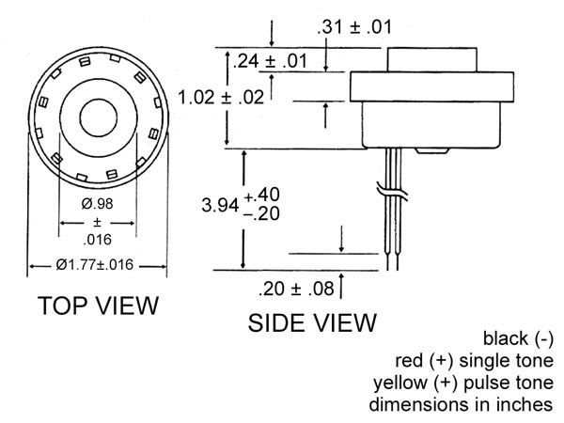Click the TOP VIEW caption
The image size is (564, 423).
(x=98, y=305)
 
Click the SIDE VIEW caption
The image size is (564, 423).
(x=312, y=322)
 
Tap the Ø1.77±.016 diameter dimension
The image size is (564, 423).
(x=95, y=265)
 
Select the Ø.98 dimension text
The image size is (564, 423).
(x=97, y=204)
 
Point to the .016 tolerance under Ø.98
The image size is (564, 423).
(x=97, y=240)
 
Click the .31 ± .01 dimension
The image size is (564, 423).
(x=354, y=27)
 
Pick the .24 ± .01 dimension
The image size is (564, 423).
(x=270, y=61)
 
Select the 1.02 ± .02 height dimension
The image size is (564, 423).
(x=221, y=97)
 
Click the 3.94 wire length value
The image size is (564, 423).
(x=220, y=205)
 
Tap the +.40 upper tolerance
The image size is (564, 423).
(x=261, y=195)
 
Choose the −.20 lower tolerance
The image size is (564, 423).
(x=261, y=213)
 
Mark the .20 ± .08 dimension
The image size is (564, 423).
(x=296, y=289)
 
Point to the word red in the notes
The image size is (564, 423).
(x=409, y=361)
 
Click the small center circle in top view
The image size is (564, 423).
(x=98, y=118)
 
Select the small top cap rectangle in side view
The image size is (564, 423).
(x=432, y=60)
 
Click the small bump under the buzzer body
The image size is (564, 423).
(x=431, y=151)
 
